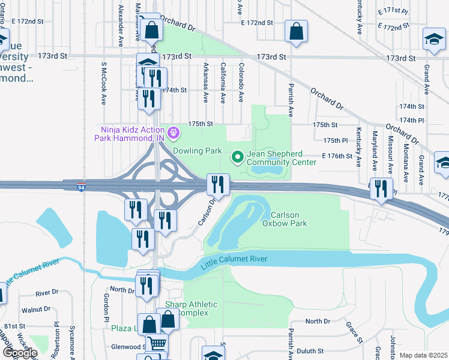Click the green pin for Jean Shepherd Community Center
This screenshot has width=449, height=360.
(238, 157)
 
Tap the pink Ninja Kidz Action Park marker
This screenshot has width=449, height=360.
(174, 131)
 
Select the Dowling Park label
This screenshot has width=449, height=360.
(197, 151)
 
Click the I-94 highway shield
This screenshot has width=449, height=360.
(80, 188)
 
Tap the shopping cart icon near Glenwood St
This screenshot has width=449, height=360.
(157, 344)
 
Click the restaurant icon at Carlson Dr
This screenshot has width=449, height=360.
(218, 184)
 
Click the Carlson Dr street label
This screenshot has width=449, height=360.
(206, 214)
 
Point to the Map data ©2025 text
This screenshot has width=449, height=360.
(423, 355)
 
